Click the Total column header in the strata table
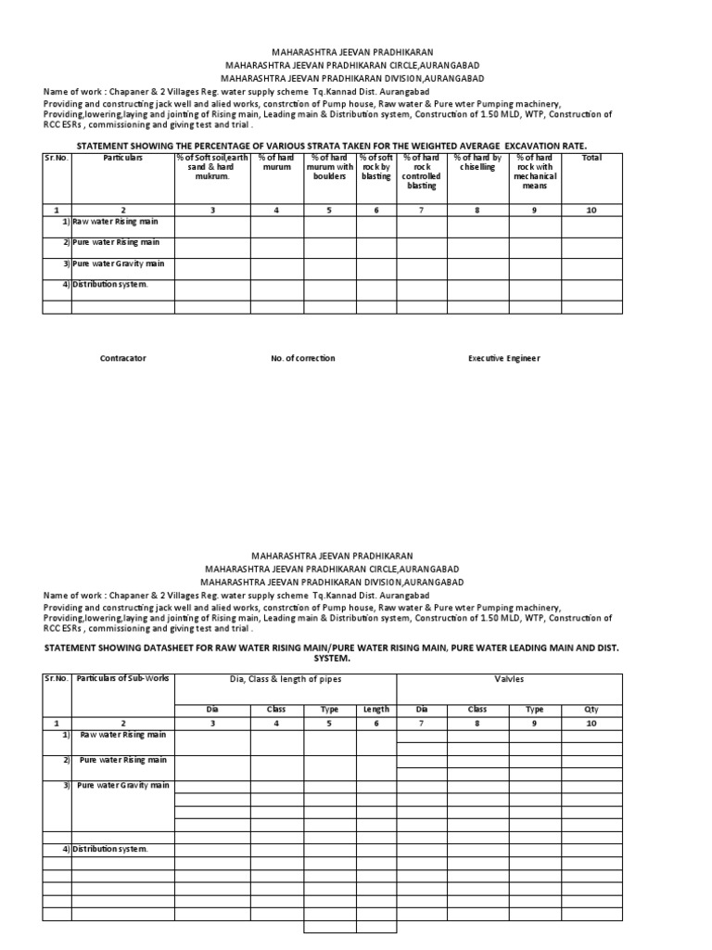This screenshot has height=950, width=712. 591,158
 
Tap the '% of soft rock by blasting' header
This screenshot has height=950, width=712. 376,167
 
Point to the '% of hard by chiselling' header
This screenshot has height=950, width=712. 477,162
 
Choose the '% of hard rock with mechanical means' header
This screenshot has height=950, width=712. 534,172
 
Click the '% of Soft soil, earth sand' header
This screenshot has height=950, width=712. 211,167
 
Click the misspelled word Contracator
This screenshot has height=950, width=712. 122,358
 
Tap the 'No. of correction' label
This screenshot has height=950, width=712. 303,358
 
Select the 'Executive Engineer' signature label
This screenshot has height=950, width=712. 503,358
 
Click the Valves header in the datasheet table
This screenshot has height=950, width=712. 509,680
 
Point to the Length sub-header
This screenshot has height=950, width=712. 376,709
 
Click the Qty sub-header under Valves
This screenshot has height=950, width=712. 591,709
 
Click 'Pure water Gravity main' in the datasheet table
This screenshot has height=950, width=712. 122,785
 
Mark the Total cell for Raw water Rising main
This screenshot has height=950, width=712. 591,225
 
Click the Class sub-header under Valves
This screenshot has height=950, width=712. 477,709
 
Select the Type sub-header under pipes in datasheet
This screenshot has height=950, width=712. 329,709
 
